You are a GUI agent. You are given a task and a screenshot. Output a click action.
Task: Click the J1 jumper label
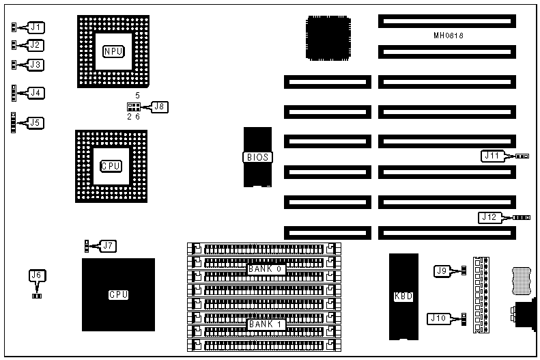coord(35,27)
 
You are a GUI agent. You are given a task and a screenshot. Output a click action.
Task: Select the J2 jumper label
coord(35,45)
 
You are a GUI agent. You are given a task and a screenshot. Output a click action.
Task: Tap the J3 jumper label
coord(35,65)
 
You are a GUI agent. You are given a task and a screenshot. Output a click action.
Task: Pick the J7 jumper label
coord(108,245)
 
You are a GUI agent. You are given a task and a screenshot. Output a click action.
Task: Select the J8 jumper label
coord(159,106)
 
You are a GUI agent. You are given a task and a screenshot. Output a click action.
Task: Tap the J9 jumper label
coord(442,271)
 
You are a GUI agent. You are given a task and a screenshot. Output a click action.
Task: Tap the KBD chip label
coord(403,296)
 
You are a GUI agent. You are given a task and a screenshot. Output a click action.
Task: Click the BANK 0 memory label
coord(265,270)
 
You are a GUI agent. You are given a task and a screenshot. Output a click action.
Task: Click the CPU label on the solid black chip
coord(118,295)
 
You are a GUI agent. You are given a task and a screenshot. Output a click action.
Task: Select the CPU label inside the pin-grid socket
coord(111,166)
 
